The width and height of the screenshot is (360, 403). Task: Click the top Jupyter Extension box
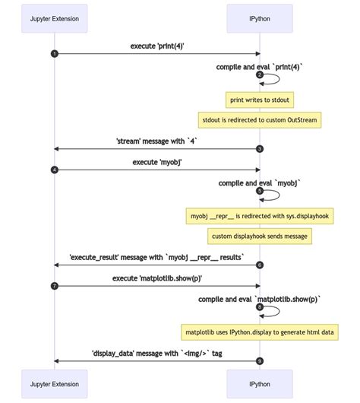[x=54, y=17]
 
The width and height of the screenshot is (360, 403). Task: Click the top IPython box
[x=260, y=17]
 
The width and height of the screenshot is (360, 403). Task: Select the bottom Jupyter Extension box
[x=54, y=385]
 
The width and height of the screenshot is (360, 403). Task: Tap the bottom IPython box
[x=260, y=385]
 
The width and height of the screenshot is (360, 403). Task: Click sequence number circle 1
[x=54, y=53]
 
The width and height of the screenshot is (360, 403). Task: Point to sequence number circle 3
[x=260, y=149]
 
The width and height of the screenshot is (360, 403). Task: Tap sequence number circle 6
[x=260, y=265]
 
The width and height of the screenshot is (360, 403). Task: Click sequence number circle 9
[x=260, y=360]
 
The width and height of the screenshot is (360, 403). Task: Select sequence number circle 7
[x=54, y=286]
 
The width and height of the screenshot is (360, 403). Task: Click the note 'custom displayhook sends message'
[x=260, y=236]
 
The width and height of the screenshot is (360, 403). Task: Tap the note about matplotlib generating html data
[x=260, y=332]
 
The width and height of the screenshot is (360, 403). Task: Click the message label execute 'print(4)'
[x=157, y=46]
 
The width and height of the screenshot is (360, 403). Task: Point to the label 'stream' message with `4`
[x=157, y=141]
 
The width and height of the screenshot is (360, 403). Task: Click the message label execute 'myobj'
[x=157, y=162]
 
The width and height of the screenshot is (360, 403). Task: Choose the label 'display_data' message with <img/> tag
[x=157, y=353]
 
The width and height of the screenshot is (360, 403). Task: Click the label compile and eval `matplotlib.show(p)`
[x=260, y=300]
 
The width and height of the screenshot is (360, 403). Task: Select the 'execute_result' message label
[x=157, y=257]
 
